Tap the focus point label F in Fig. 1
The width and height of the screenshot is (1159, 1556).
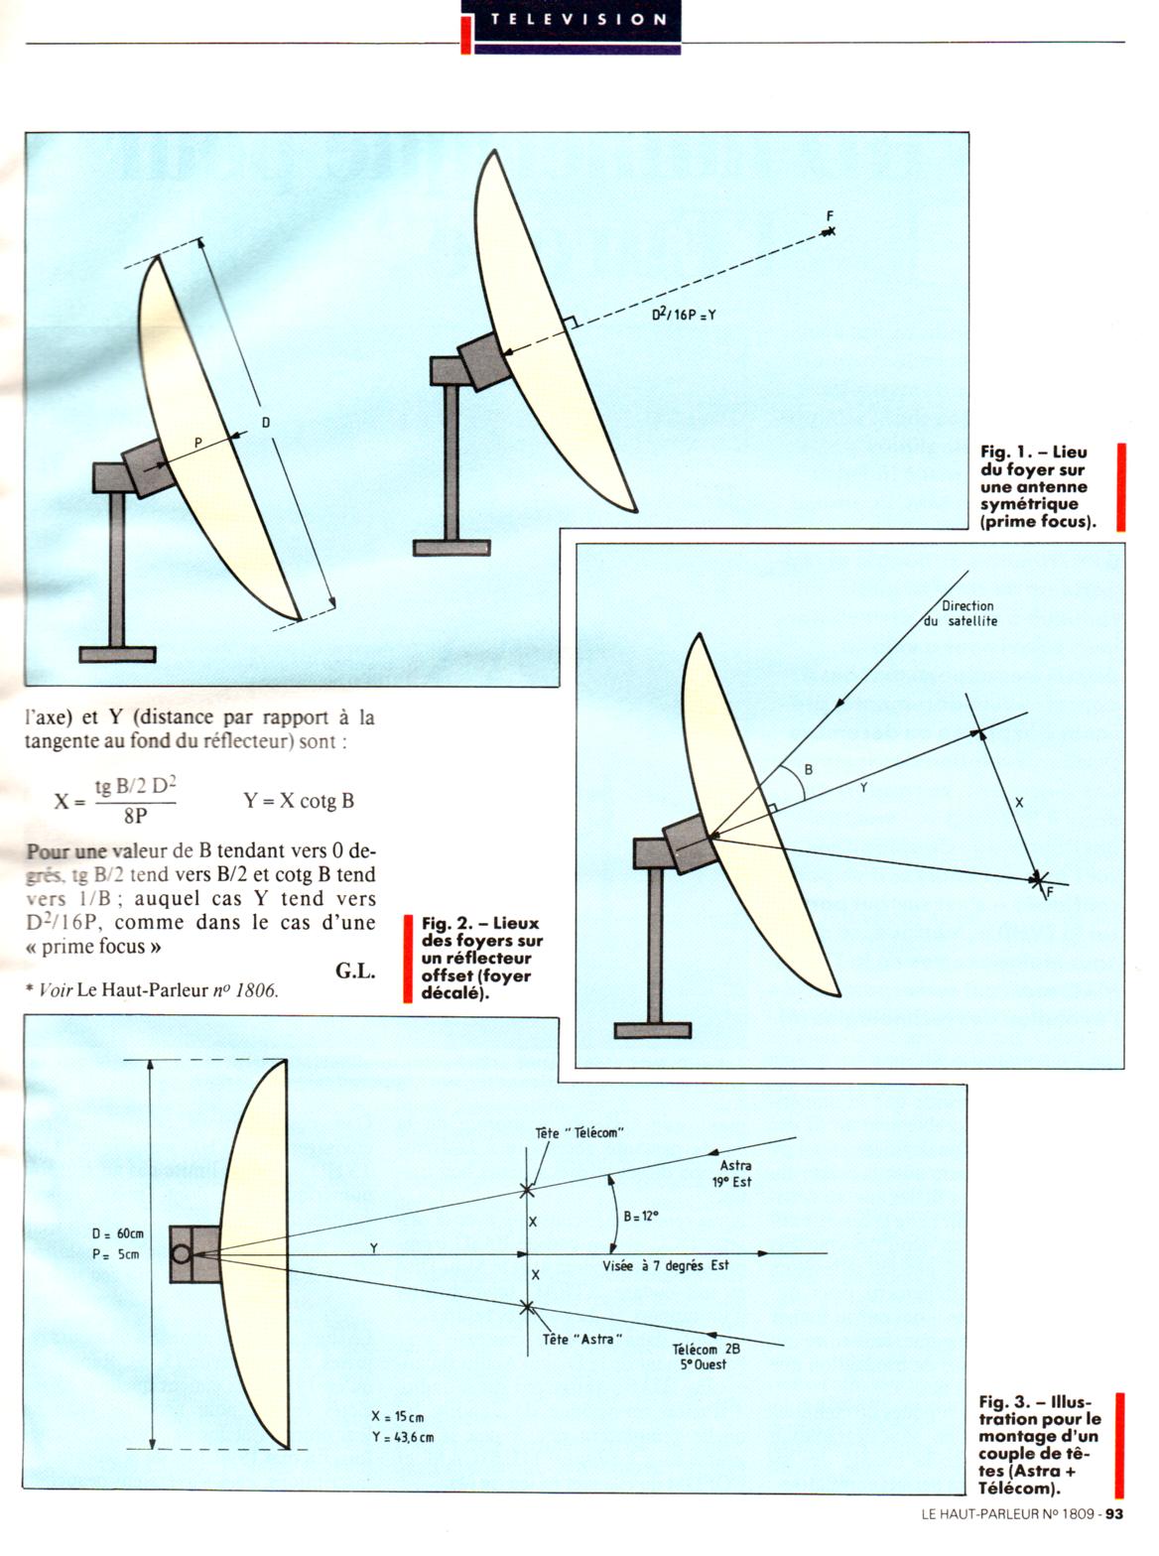tap(830, 216)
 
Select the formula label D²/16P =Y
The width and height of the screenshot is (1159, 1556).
tap(684, 315)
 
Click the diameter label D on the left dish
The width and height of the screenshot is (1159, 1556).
tap(266, 423)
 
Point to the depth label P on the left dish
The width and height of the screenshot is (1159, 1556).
tap(197, 445)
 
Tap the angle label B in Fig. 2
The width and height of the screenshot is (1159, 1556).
tap(808, 769)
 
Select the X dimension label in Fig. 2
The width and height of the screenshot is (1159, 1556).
tap(1019, 802)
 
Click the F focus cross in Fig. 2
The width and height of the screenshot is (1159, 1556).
tap(1038, 879)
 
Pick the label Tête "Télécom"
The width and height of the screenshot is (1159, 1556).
tap(579, 1132)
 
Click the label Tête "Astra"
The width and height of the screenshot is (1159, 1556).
tap(582, 1340)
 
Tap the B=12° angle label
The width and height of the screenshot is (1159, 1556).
tap(641, 1216)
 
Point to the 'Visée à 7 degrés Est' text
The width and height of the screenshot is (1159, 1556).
tap(666, 1265)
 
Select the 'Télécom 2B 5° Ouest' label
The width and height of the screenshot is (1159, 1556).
tap(706, 1357)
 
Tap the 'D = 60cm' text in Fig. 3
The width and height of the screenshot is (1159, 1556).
tap(118, 1233)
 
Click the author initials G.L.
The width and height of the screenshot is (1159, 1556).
tap(355, 972)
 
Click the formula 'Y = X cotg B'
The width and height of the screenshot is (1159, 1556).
tap(299, 801)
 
